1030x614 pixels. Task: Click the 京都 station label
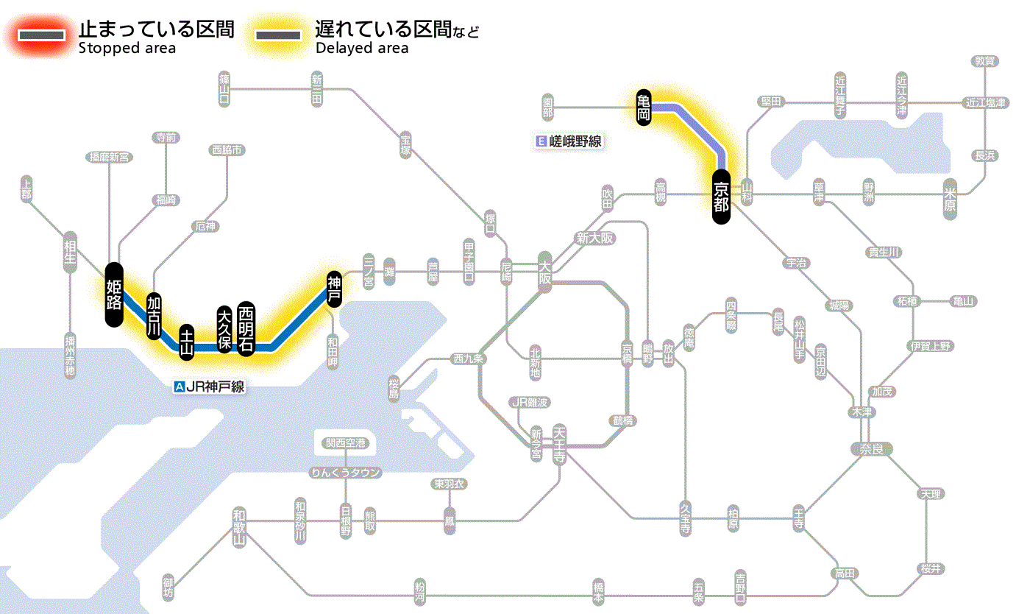721,197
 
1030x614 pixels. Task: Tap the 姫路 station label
113,294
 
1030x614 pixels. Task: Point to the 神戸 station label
334,288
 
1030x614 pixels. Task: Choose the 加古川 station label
154,314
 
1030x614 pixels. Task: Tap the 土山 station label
188,342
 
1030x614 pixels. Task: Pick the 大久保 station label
224,328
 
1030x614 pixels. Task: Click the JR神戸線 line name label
210,386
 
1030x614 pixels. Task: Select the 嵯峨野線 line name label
570,141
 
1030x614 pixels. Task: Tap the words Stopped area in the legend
127,49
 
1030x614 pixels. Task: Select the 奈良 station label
870,448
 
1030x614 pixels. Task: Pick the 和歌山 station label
238,526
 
